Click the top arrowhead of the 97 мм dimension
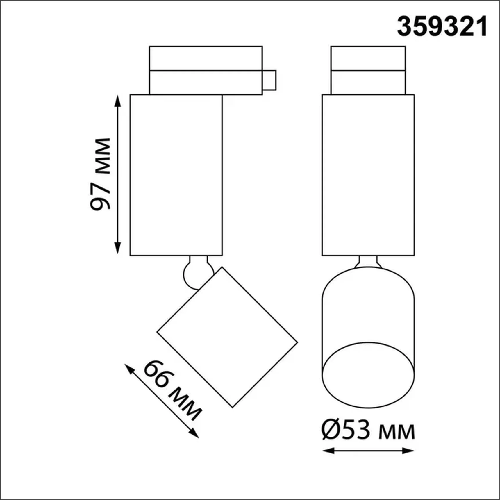pyautogui.click(x=117, y=100)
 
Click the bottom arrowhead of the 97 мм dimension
pyautogui.click(x=117, y=249)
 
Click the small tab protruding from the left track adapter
pyautogui.click(x=269, y=80)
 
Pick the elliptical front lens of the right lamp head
pyautogui.click(x=368, y=375)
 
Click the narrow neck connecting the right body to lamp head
pyautogui.click(x=368, y=261)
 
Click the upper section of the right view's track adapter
pyautogui.click(x=368, y=58)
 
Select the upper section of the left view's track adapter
pyautogui.click(x=206, y=58)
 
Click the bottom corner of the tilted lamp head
pyautogui.click(x=232, y=407)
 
